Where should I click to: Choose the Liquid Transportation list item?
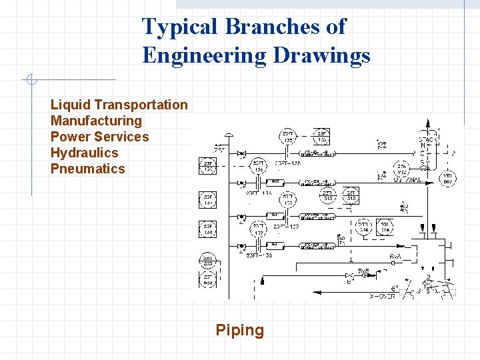pos(119,105)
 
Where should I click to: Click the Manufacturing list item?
pos(97,121)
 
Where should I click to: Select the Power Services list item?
pos(100,137)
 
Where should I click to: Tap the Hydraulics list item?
pos(84,153)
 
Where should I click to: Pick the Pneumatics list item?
pos(88,169)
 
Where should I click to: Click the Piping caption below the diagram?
pos(240,330)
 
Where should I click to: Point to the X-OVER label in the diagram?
pos(382,295)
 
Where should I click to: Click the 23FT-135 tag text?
pos(288,163)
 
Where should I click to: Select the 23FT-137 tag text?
pos(285,227)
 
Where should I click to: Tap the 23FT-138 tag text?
pos(259,255)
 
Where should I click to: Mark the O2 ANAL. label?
pos(411,178)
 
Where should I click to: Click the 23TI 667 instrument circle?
pos(449,179)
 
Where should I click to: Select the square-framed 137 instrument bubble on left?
pos(208,199)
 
